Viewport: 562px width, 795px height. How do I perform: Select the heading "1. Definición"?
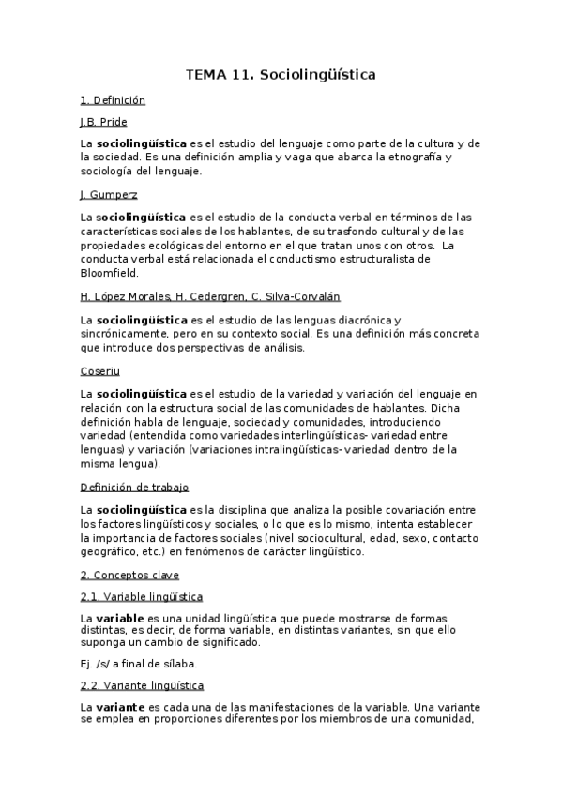click(x=113, y=99)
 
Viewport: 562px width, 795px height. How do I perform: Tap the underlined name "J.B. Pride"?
click(x=103, y=122)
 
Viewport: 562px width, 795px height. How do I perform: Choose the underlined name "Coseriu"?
click(x=100, y=370)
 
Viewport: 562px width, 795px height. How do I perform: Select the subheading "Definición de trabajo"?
click(x=134, y=487)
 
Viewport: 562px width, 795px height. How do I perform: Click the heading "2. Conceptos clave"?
click(x=129, y=575)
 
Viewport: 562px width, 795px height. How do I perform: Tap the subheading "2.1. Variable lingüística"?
click(x=141, y=597)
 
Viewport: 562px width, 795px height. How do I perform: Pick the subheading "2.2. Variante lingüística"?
click(x=142, y=685)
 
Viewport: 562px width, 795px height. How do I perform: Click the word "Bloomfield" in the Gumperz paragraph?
click(x=109, y=273)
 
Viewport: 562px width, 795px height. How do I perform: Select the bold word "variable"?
click(x=119, y=619)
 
